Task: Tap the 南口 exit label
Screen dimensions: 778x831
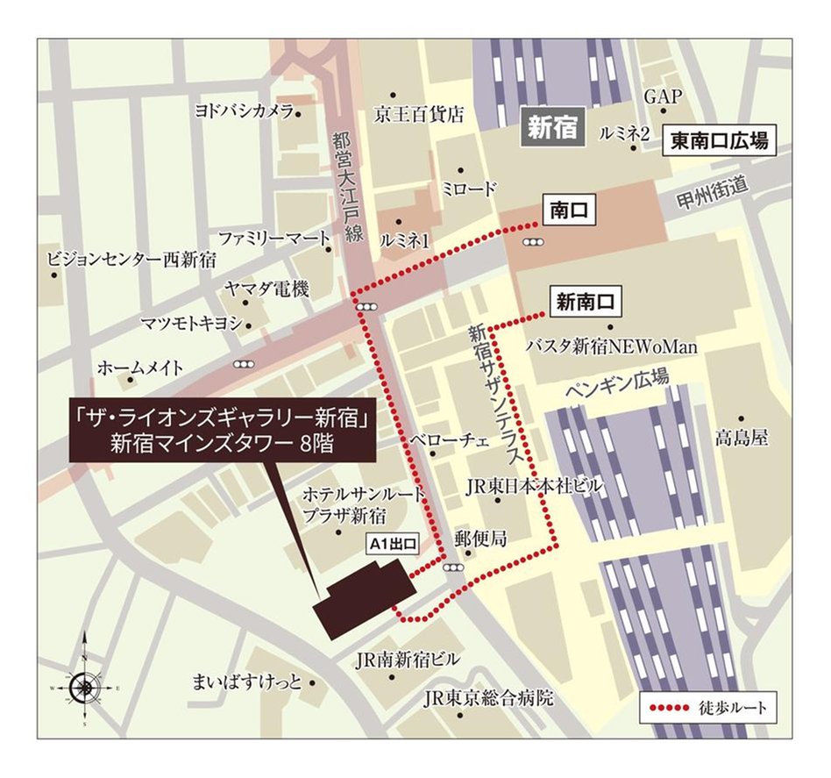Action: tap(568, 211)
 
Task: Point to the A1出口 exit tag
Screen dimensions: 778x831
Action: tap(389, 544)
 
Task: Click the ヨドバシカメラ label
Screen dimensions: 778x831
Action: tap(243, 111)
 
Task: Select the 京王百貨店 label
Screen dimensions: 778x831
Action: tap(417, 114)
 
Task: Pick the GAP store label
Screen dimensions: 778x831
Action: tap(663, 96)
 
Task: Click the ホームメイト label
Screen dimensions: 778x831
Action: tap(140, 368)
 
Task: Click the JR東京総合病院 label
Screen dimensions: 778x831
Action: tap(488, 699)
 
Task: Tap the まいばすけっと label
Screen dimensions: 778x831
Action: tap(246, 682)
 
